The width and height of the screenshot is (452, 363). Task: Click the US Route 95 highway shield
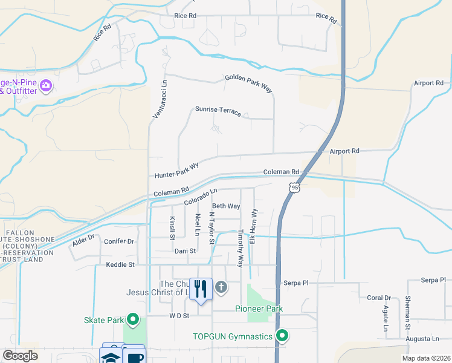294,188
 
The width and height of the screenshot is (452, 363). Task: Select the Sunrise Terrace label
218,111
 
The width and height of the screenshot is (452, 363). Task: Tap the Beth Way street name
226,206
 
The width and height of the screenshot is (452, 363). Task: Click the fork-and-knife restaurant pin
201,289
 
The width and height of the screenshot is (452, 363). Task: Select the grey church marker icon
221,287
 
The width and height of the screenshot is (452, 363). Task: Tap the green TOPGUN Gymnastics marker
282,336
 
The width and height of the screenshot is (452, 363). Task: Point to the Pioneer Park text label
259,309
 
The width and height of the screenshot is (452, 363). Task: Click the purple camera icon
45,86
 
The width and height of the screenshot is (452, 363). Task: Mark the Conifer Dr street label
118,241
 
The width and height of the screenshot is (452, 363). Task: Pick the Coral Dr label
379,298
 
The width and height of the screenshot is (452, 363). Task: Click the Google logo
21,356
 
